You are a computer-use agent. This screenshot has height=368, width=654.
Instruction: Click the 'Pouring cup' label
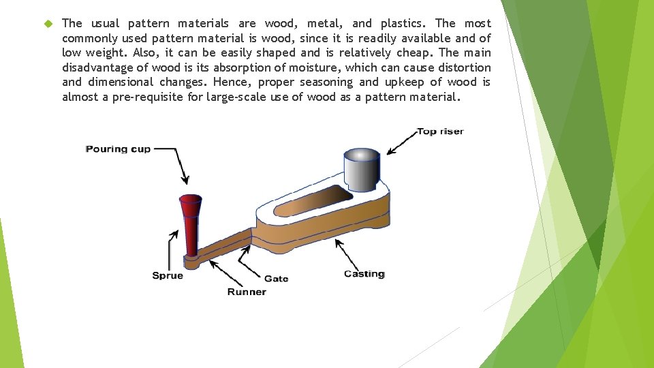tap(118, 149)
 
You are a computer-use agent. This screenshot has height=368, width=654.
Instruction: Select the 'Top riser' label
tap(439, 131)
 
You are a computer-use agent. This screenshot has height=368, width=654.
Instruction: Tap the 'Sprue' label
tap(167, 275)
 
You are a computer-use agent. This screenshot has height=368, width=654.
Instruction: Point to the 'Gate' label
tap(276, 278)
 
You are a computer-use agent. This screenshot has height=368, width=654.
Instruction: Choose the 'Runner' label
tap(247, 292)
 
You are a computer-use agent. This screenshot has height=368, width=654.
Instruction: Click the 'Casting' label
tap(364, 274)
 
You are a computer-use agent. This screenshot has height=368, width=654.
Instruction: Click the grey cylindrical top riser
tap(361, 168)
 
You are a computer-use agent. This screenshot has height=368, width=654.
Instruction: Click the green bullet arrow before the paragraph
tap(47, 24)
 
